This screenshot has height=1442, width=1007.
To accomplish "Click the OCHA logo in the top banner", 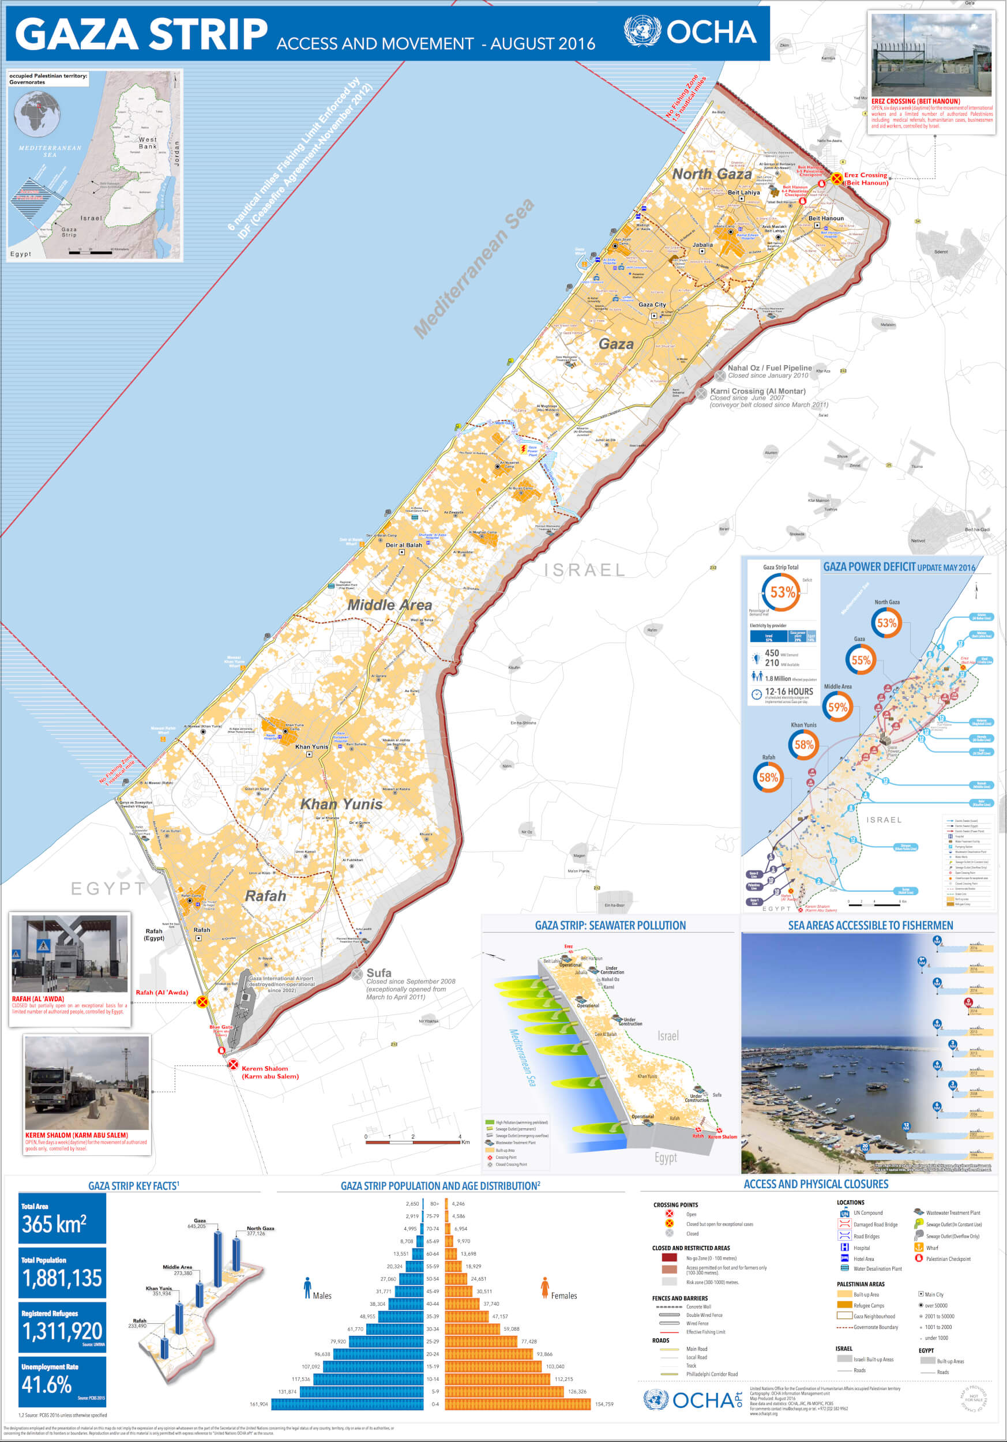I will click(x=690, y=31).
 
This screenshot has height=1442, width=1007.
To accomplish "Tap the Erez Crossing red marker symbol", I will click(x=836, y=178).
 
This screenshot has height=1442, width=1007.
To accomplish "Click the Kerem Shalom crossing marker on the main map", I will click(x=233, y=1065).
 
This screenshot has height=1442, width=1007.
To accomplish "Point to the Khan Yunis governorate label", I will click(x=341, y=804).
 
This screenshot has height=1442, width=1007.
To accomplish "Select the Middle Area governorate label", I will click(x=389, y=605).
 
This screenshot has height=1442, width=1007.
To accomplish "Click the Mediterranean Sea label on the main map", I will click(x=474, y=268).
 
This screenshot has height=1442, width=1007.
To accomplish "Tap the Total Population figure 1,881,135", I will click(x=62, y=1278).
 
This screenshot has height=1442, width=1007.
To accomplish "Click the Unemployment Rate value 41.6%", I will click(x=47, y=1385).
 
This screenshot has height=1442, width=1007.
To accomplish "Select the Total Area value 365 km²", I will click(x=54, y=1225).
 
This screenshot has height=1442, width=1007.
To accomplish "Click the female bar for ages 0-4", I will click(x=517, y=1404).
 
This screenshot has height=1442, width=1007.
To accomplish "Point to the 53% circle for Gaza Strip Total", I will click(x=781, y=592).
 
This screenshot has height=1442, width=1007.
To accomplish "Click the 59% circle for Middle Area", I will click(x=837, y=707).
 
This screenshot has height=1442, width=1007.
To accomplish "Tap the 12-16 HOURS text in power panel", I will click(x=788, y=692).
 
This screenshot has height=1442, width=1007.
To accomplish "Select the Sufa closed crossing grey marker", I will click(x=357, y=974).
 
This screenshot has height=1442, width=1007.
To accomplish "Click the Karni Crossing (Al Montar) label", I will click(x=757, y=391).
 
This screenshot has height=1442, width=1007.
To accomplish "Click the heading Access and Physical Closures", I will click(x=816, y=1184).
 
